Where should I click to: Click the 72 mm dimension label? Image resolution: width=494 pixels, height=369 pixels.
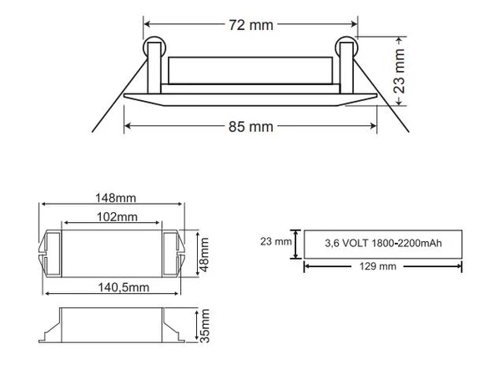(250, 24)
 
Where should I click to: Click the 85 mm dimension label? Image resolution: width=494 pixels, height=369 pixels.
(250, 127)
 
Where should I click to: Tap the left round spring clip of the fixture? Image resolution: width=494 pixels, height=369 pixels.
(154, 48)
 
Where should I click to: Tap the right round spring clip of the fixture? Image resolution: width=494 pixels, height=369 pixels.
(346, 48)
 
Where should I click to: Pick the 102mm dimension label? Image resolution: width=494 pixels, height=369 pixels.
(112, 217)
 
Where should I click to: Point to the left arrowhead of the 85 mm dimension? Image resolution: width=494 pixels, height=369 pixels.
(128, 127)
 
